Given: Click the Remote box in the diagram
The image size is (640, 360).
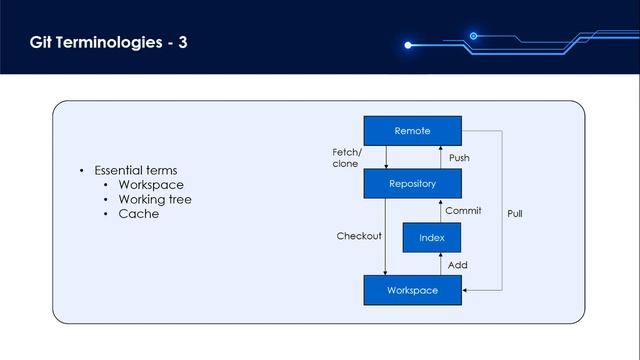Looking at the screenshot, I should [x=412, y=131].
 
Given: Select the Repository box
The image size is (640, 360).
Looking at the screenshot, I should [x=412, y=184].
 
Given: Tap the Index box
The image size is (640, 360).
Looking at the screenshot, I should [x=431, y=238].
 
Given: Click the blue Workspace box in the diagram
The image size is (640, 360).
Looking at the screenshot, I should [x=412, y=290].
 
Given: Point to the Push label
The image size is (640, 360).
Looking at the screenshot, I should [x=459, y=158].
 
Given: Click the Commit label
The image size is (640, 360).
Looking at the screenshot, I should [x=463, y=211].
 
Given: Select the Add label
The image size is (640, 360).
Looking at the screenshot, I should [x=457, y=265].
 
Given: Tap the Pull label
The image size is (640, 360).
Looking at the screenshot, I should [x=514, y=214].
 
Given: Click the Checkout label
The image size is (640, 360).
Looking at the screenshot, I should [x=359, y=237].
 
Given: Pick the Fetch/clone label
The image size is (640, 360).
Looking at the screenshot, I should [x=347, y=157].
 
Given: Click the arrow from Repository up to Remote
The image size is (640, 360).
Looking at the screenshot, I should [x=440, y=157].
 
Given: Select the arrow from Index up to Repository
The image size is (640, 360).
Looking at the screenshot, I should [x=440, y=211].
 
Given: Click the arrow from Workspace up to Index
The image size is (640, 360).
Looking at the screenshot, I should [x=440, y=264].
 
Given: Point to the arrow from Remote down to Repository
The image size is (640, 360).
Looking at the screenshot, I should [x=386, y=157].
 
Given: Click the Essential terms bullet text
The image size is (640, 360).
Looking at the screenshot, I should [x=135, y=171].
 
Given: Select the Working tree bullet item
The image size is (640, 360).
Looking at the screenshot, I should [x=154, y=200].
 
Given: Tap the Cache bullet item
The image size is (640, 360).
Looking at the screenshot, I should [x=138, y=214].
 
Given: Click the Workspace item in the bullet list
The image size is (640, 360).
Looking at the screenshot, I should [x=151, y=185].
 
